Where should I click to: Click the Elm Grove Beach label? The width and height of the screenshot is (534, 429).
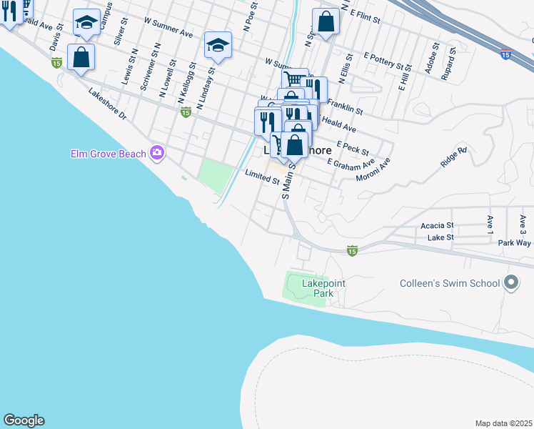108,153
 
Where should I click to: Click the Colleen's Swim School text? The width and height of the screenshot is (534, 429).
449,283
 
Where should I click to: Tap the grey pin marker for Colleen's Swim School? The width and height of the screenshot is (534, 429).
510,283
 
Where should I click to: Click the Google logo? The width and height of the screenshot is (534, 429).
24,420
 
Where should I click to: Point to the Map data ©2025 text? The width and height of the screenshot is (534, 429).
503,423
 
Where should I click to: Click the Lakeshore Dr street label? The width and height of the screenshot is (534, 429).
107,104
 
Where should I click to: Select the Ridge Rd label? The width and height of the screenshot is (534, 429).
453,157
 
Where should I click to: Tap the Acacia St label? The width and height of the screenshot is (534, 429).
440,225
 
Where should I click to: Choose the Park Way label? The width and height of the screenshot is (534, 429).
514,243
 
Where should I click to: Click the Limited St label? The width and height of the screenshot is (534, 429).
262,177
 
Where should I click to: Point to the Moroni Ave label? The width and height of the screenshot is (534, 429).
373,169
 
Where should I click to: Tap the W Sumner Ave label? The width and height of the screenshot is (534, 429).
168,28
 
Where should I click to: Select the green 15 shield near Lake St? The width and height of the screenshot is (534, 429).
352,251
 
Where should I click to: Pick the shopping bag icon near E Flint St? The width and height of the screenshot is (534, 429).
326,21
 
